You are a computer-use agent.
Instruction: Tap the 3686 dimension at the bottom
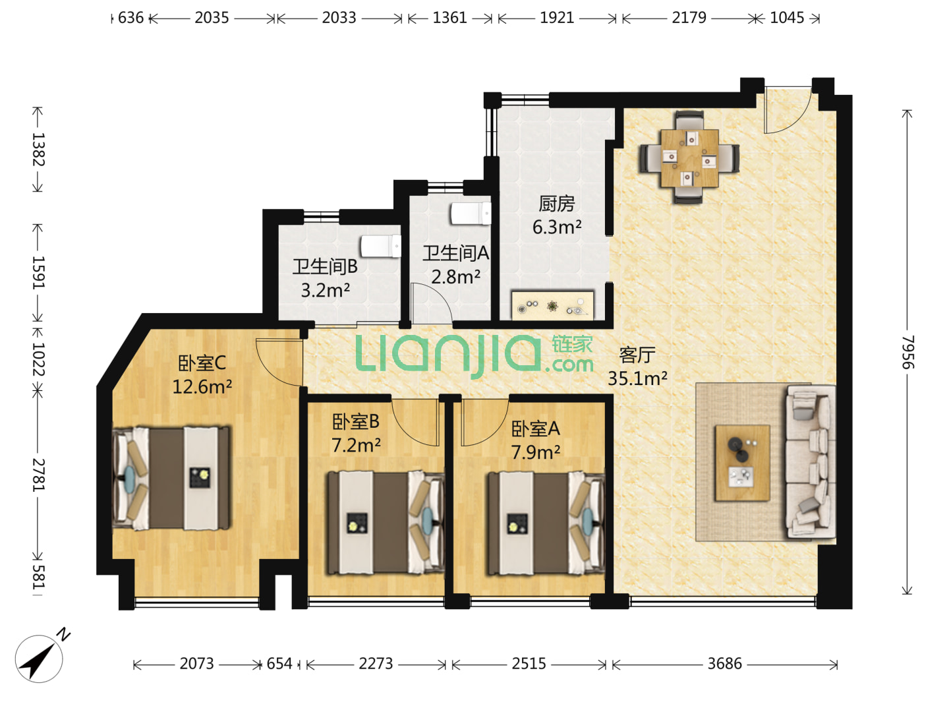tap(724, 664)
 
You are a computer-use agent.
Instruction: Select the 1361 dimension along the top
tap(449, 18)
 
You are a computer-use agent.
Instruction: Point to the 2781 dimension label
tap(38, 475)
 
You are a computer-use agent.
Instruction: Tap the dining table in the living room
tap(689, 158)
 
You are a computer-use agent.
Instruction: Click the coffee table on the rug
tap(742, 463)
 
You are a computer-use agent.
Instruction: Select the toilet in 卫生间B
tap(381, 247)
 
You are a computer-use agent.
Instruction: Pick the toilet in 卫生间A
tap(471, 214)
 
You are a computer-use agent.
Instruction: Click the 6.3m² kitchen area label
tap(556, 227)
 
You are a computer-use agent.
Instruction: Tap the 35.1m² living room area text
tap(637, 378)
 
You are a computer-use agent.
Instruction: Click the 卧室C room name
tap(202, 363)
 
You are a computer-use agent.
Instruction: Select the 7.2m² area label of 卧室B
tap(356, 445)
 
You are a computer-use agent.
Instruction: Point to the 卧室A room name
tap(535, 429)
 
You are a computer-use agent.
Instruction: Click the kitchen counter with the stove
tap(552, 306)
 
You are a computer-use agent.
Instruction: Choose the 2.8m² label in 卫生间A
tap(455, 277)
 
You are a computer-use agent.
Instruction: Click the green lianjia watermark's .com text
tap(569, 365)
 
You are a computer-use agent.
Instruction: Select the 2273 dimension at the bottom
tap(376, 664)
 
